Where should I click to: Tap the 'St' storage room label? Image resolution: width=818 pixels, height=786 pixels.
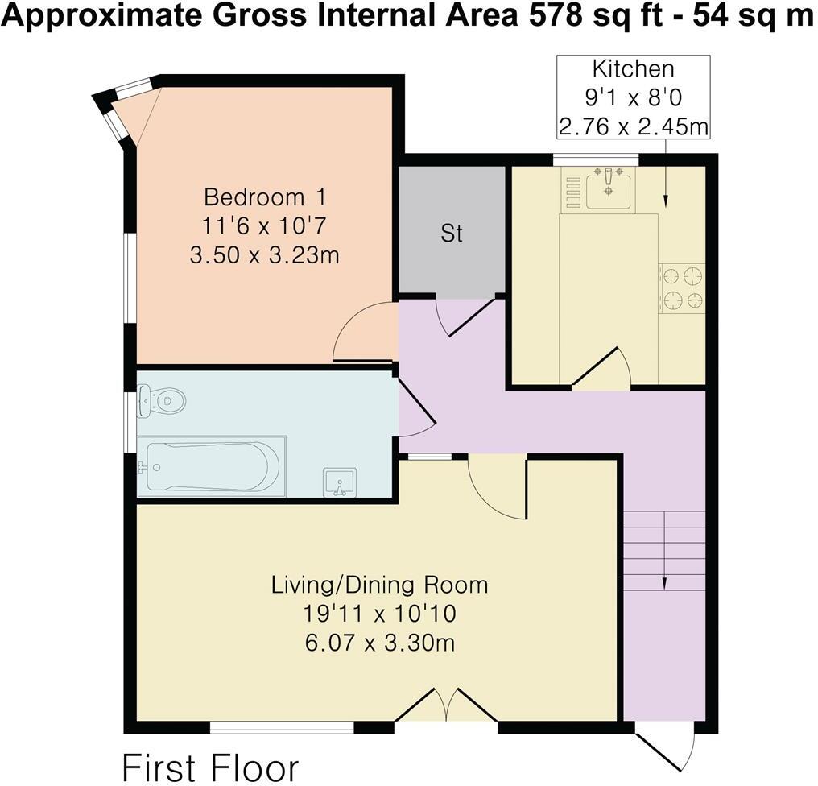pos(452,234)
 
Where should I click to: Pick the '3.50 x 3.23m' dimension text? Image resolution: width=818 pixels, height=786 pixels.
pos(263,255)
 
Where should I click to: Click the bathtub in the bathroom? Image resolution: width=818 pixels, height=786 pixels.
pos(211,466)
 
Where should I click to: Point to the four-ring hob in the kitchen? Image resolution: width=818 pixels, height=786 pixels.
pos(682,288)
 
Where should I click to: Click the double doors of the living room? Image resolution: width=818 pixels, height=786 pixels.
pos(446,705)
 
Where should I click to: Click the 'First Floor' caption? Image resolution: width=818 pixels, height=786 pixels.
pos(210,767)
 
